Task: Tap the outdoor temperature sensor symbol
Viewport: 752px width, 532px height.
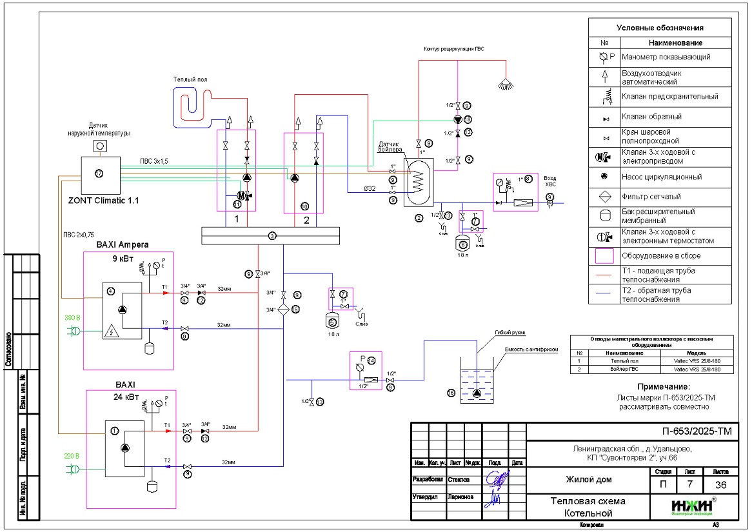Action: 100,146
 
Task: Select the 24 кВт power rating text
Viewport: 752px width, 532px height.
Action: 129,398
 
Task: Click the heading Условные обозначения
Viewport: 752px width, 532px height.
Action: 660,28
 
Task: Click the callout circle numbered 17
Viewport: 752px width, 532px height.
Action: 99,173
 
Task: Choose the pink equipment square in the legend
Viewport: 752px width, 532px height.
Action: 603,256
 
